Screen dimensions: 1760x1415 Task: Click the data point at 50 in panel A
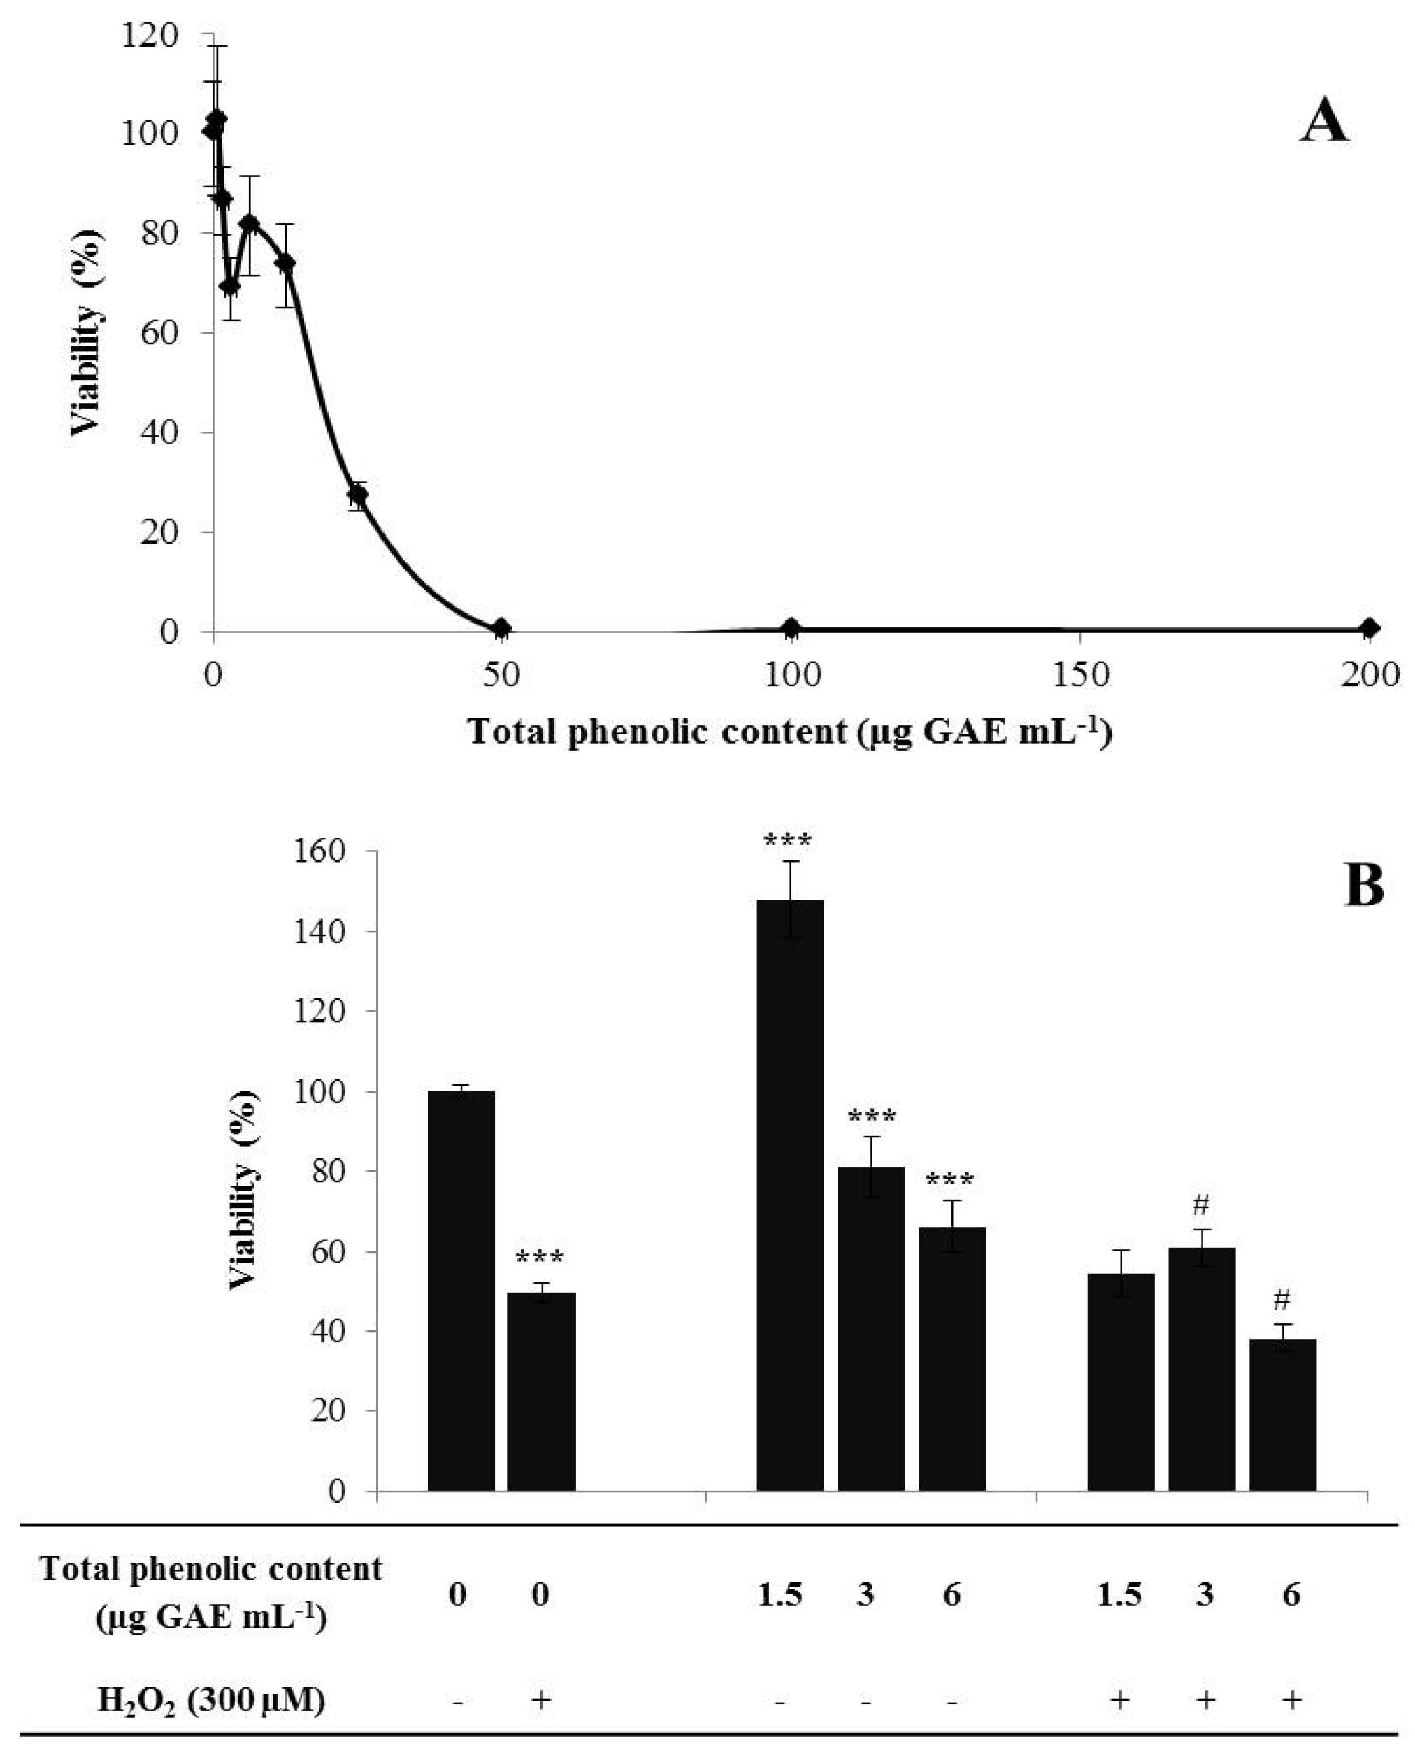click(x=501, y=627)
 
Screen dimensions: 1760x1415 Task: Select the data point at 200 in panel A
click(x=1370, y=627)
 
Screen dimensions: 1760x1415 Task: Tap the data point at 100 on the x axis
click(x=791, y=627)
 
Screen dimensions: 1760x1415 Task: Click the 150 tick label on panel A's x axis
click(x=1079, y=675)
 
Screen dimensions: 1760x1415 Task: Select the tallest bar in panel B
click(x=790, y=1193)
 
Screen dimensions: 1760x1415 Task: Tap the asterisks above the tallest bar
click(x=787, y=839)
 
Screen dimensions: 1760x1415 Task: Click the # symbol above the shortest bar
click(x=1281, y=1299)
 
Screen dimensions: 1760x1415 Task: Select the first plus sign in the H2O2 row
click(x=540, y=1700)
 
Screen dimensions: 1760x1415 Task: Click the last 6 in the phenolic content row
click(x=1290, y=1594)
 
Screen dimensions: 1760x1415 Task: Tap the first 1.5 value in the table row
click(x=779, y=1594)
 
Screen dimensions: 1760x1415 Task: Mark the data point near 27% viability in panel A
click(x=357, y=495)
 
